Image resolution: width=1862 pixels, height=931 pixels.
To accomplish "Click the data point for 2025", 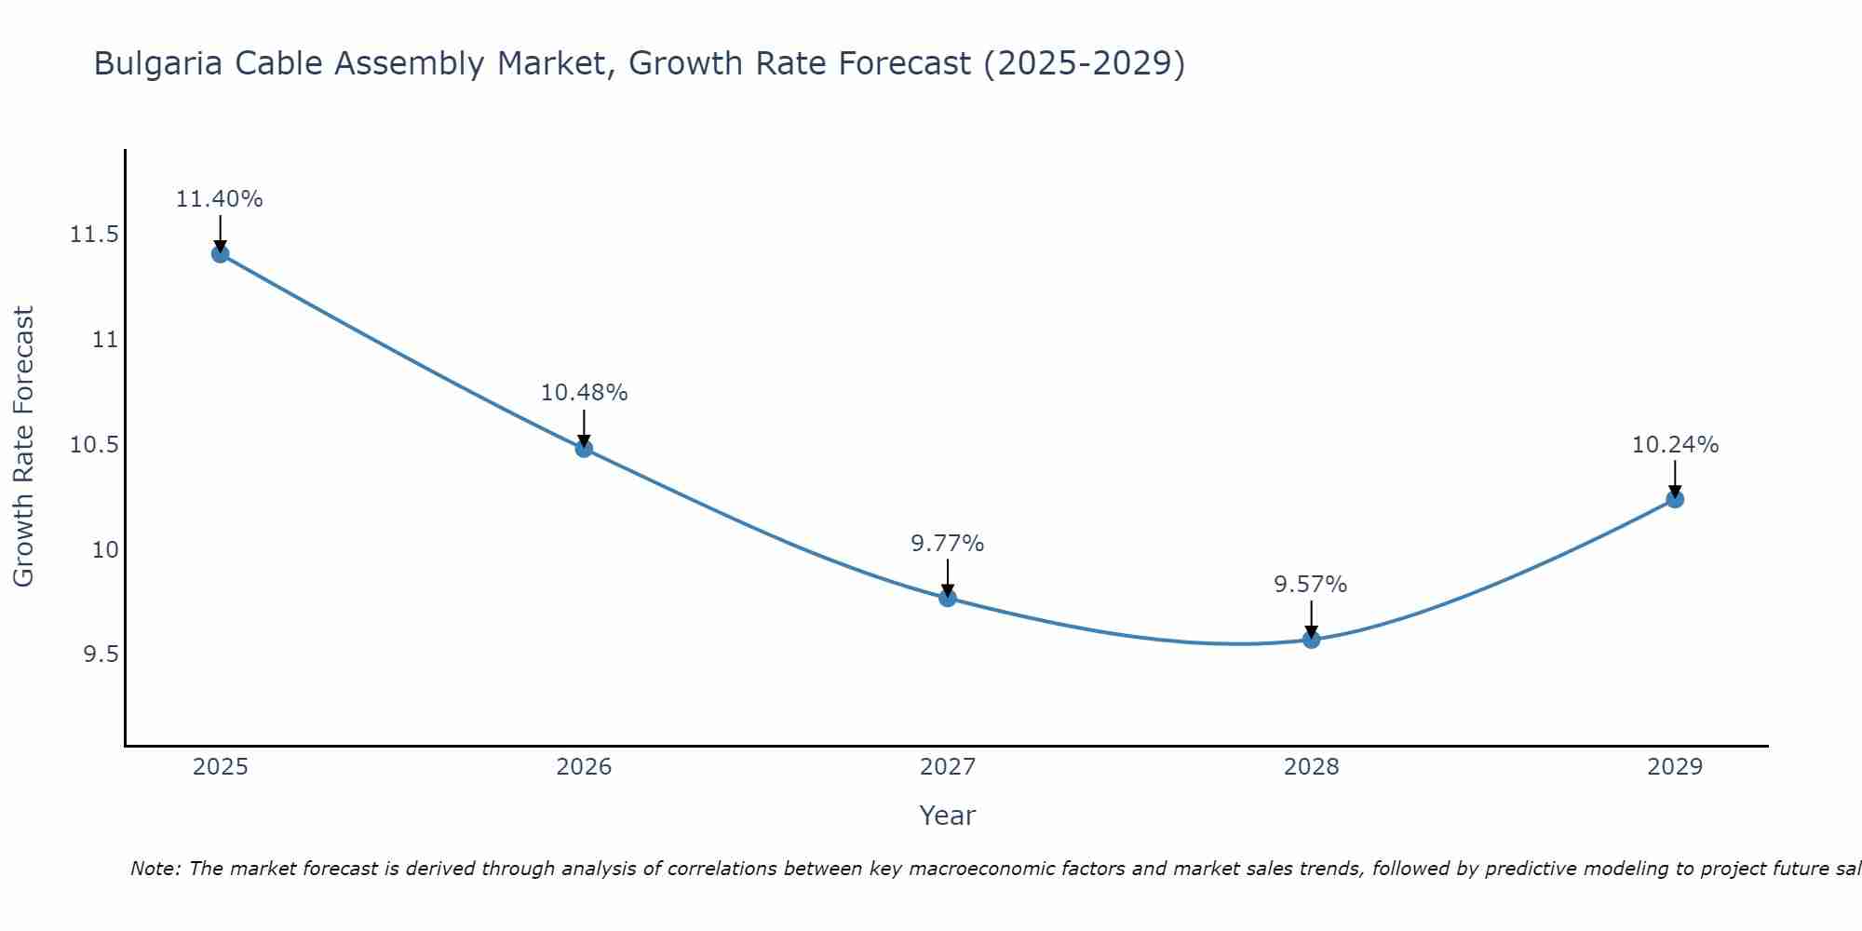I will (221, 254).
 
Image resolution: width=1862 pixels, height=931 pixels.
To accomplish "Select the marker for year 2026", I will (584, 449).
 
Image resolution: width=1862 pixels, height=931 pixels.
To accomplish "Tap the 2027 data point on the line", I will (948, 598).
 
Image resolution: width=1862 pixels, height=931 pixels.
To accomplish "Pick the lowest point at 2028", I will (1311, 640).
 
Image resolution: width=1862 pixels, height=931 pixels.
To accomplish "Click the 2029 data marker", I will (1675, 499).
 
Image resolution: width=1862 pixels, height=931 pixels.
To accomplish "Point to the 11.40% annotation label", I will (220, 199).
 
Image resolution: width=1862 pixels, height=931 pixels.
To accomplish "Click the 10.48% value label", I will (584, 393).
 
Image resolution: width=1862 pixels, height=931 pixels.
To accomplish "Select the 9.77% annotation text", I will (948, 543).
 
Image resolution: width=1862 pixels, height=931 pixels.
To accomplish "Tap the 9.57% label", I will (1311, 585).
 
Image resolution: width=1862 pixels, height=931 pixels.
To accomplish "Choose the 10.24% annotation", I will (1675, 445).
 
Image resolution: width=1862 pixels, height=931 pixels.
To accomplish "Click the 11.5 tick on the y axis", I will (94, 235).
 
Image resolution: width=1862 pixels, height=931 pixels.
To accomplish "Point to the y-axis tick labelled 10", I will (105, 550).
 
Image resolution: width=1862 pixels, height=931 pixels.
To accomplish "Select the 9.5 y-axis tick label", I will (101, 655).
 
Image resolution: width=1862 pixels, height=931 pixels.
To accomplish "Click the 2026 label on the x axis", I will (584, 767).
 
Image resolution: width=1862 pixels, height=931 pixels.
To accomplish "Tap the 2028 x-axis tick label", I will (1311, 767).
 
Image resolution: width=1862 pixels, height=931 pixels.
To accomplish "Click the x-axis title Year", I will (947, 816).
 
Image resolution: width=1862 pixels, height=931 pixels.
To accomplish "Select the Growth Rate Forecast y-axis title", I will (23, 447).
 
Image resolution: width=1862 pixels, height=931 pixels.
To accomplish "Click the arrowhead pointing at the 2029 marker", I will (1675, 492).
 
